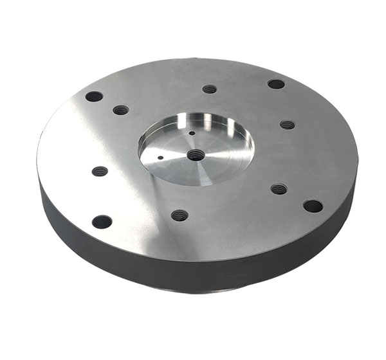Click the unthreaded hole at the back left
pos(94,96)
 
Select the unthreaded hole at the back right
pos(276,84)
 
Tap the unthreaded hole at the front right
pos(313,206)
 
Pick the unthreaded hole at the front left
pos(102,222)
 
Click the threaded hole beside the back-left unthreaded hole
pos(120,110)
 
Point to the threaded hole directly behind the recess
pos(209,89)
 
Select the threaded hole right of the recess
pos(287,125)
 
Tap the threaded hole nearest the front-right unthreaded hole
pos(279,189)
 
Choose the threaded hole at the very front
pos(180,215)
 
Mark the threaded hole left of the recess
pos(100,172)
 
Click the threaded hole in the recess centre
pos(196,155)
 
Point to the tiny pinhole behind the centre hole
pos(192,134)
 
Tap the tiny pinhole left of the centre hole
pos(159,155)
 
